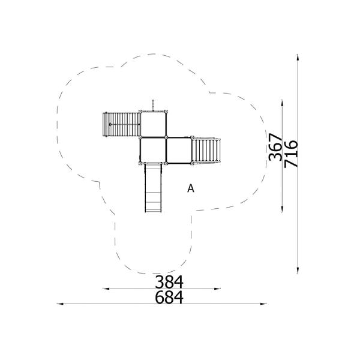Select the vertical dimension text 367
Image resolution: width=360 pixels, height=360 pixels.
click(275, 148)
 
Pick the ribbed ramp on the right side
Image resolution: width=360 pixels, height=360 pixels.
click(206, 150)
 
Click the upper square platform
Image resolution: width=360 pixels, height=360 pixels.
click(153, 124)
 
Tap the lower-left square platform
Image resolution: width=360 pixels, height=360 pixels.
click(153, 150)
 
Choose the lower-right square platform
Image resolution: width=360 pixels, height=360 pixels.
click(178, 150)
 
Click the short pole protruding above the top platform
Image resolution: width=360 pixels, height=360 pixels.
click(154, 104)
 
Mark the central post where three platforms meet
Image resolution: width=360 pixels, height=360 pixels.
click(166, 137)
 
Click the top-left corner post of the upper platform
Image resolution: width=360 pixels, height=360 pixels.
click(140, 112)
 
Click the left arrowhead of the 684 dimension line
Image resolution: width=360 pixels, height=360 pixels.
click(59, 305)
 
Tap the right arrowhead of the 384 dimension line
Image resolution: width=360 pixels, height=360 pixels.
click(220, 289)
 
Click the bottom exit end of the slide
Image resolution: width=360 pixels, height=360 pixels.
click(153, 210)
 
